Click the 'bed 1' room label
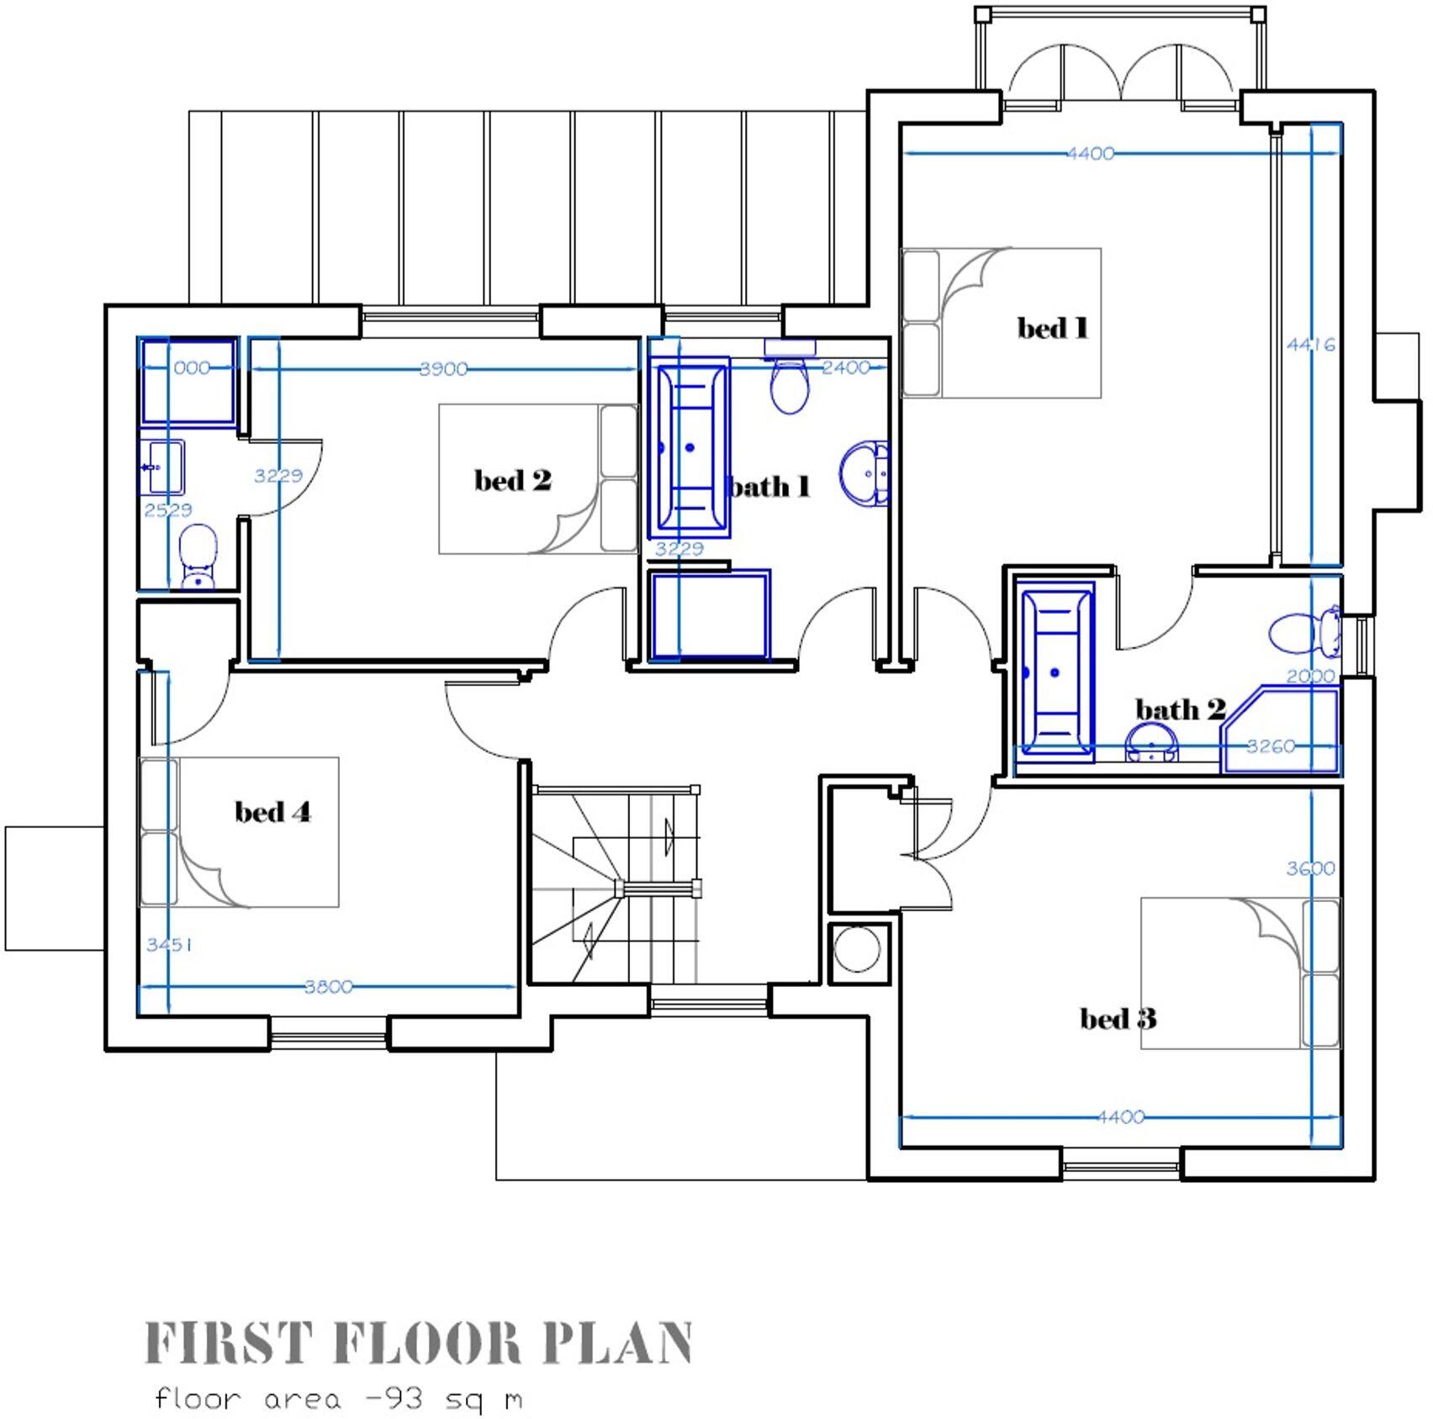(x=1053, y=328)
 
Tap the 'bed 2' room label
(x=512, y=480)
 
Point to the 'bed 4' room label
(x=272, y=812)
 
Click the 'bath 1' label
(x=770, y=487)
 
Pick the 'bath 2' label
(x=1180, y=709)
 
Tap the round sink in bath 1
(x=865, y=474)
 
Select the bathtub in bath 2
(x=1055, y=673)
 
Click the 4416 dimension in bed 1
(x=1310, y=345)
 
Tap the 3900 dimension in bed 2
(x=443, y=369)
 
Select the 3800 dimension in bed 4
(x=328, y=987)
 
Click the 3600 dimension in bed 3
(x=1310, y=868)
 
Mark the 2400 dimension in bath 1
(x=845, y=367)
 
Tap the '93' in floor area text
(x=399, y=1400)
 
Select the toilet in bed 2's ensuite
(x=198, y=555)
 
